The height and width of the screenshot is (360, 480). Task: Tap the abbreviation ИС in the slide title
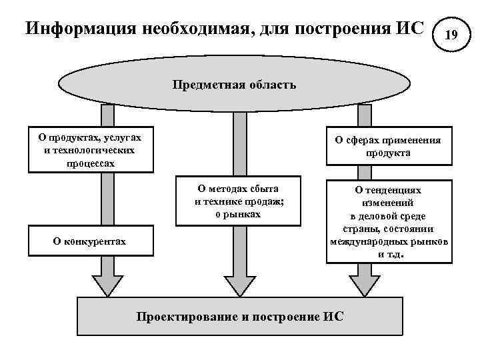(409, 29)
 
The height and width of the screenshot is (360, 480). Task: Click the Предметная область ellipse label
(234, 85)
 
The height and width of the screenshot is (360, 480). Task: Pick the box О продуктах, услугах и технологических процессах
(90, 150)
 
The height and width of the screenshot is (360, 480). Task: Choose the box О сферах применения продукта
(387, 146)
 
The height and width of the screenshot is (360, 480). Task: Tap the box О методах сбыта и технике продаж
(236, 201)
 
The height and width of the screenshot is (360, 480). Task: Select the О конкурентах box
(89, 241)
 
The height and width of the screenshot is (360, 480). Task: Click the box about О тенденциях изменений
(387, 222)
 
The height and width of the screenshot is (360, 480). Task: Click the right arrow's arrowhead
(364, 285)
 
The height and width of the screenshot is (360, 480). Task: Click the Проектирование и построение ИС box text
(240, 316)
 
